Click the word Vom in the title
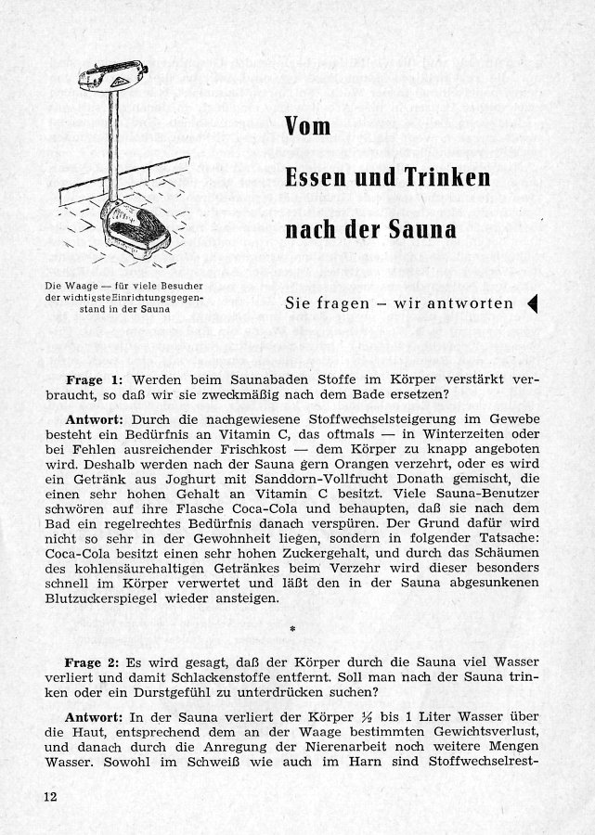point(308,127)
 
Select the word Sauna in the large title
point(423,227)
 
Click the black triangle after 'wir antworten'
point(532,303)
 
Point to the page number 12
point(49,796)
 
